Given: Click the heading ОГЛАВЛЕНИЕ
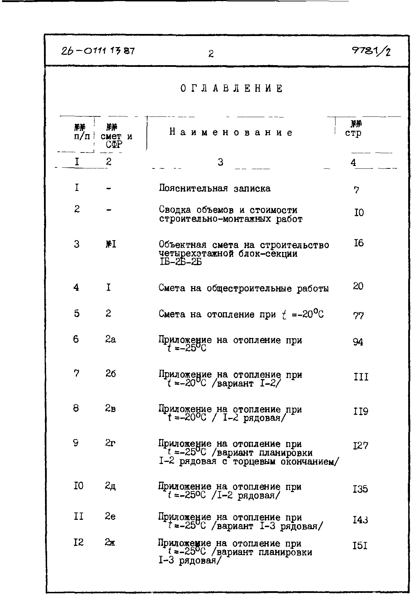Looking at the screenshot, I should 231,89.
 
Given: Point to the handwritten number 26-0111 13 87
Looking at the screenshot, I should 98,51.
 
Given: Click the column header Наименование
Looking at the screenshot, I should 231,132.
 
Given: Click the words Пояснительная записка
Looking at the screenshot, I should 215,189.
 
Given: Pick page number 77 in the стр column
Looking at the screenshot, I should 358,315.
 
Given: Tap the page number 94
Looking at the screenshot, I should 358,342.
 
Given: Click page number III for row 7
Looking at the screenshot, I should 361,377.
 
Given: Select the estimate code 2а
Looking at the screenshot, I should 110,339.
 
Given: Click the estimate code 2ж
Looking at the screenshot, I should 110,543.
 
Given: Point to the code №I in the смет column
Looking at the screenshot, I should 110,244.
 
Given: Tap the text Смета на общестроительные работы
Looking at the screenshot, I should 243,288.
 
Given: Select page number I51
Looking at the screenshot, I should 360,546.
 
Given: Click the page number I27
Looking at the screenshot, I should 360,446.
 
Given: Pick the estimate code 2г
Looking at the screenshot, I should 110,443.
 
